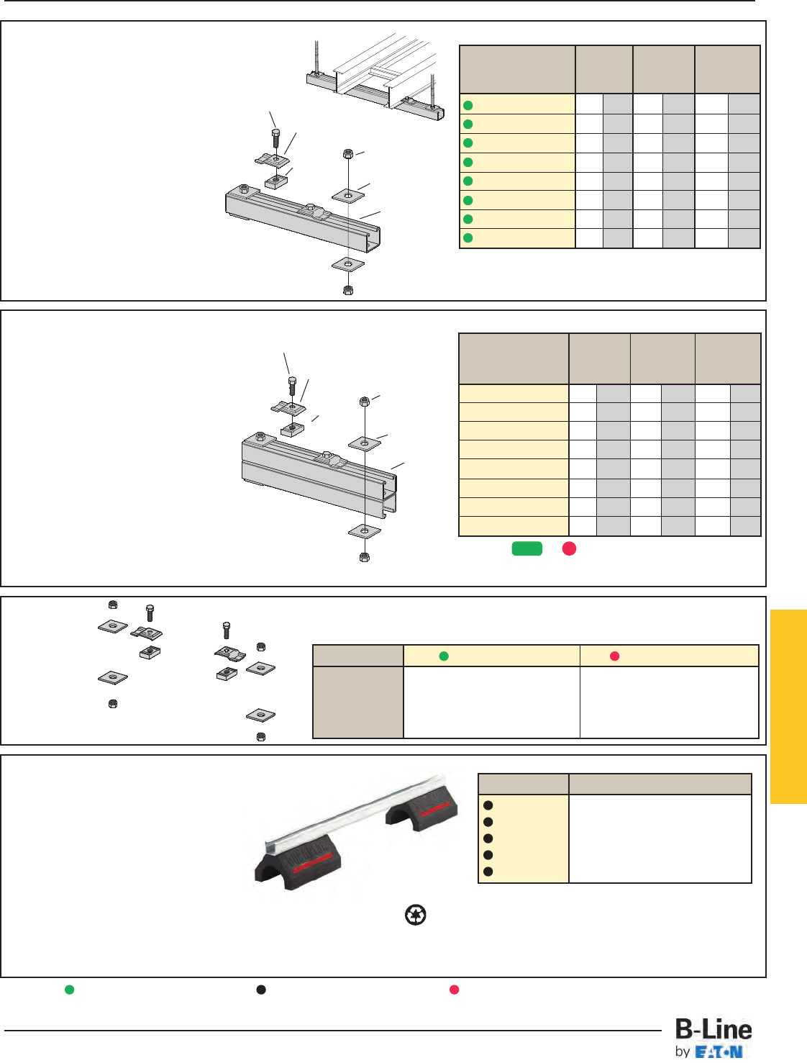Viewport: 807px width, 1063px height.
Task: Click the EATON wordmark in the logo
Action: point(719,1052)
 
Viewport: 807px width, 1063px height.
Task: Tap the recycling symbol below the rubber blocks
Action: point(416,915)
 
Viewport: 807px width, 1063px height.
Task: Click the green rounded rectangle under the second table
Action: point(526,549)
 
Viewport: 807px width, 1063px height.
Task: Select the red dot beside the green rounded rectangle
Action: point(569,549)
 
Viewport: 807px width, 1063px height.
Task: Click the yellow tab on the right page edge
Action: point(788,706)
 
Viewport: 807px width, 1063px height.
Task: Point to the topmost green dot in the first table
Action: point(468,105)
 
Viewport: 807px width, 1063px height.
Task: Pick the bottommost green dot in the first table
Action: point(468,238)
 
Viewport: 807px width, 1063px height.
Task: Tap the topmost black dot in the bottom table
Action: point(488,805)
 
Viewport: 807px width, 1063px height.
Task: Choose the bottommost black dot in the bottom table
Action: point(488,872)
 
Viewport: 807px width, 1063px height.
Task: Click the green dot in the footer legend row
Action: point(70,990)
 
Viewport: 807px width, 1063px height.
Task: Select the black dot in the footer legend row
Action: point(261,990)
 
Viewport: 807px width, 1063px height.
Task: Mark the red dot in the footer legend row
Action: point(455,990)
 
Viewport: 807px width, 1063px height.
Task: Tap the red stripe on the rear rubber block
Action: point(435,810)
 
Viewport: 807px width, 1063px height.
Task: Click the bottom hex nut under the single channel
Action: point(348,290)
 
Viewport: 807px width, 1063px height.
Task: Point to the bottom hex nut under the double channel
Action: point(365,557)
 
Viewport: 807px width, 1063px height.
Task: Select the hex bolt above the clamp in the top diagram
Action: point(276,137)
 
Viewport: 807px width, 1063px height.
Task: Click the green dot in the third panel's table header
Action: point(444,656)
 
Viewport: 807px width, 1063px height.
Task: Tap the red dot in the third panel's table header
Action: point(615,656)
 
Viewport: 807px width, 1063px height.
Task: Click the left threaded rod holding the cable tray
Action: point(316,58)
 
